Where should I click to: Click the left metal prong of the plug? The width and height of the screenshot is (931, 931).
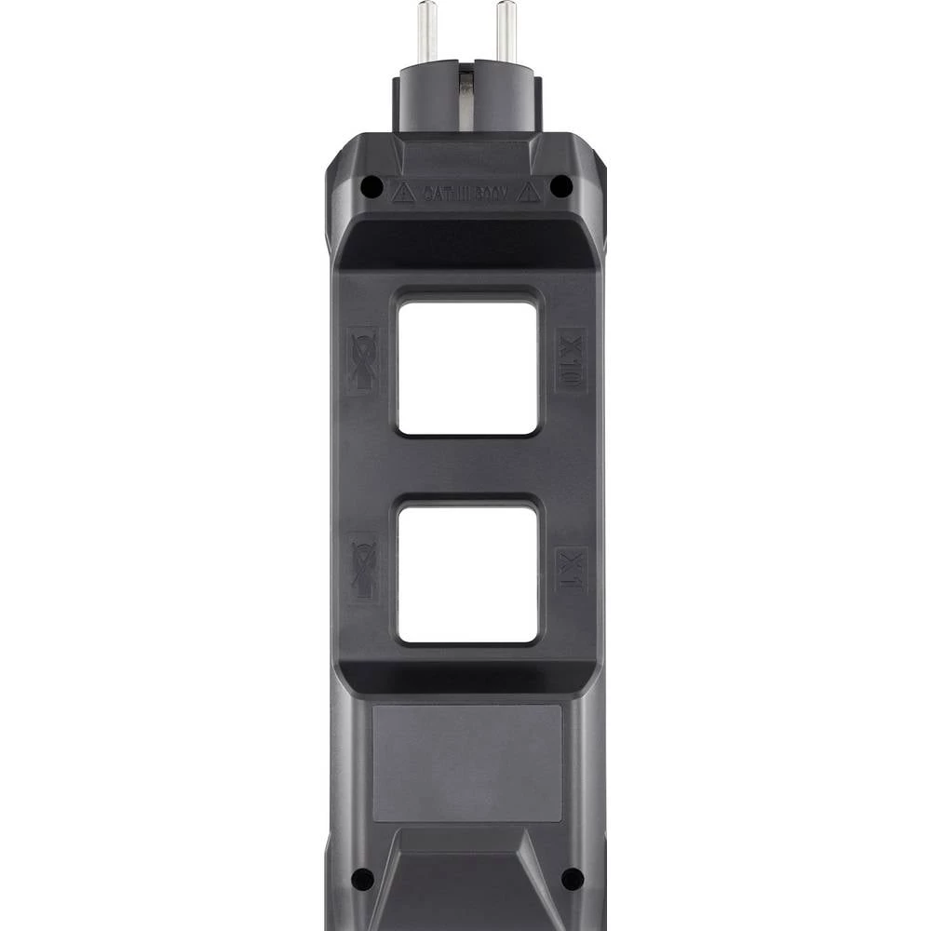tap(427, 33)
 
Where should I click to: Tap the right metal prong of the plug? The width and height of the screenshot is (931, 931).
tap(506, 33)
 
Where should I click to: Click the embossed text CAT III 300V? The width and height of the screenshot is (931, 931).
tap(465, 194)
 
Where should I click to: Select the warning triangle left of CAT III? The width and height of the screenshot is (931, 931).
tap(402, 193)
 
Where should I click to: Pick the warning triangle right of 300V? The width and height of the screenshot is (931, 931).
tap(529, 193)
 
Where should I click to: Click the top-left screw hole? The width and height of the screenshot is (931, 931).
tap(371, 186)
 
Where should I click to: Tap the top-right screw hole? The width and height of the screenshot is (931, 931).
tap(561, 186)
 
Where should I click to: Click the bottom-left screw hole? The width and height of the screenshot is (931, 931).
tap(363, 878)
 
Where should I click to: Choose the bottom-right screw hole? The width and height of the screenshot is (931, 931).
tap(573, 878)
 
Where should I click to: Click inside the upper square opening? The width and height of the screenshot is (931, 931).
tap(467, 366)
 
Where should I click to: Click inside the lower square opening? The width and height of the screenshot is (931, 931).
tap(467, 573)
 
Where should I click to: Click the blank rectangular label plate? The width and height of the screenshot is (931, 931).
tap(467, 762)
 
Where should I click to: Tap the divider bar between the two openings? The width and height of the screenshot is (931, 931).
tap(467, 468)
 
